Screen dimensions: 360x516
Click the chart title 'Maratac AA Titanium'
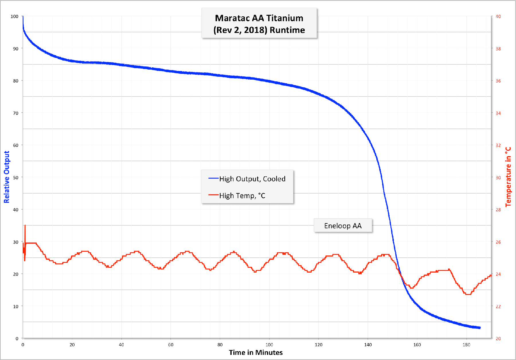259,18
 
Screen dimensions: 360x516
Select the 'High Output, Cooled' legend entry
252,179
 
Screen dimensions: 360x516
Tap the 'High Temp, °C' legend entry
242,196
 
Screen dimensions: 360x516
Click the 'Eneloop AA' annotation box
343,226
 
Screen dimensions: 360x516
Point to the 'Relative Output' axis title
7,177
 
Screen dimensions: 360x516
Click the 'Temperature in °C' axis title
508,177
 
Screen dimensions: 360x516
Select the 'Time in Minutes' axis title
256,353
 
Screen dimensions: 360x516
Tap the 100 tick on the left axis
14,17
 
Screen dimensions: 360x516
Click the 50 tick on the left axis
15,178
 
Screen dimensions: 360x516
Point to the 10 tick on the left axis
15,306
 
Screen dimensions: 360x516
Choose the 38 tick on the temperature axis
498,49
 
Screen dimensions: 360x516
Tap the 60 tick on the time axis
171,345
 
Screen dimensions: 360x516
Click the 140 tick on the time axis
368,345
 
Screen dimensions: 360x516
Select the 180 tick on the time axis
466,345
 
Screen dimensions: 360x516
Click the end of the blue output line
480,328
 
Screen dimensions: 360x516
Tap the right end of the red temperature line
491,276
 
